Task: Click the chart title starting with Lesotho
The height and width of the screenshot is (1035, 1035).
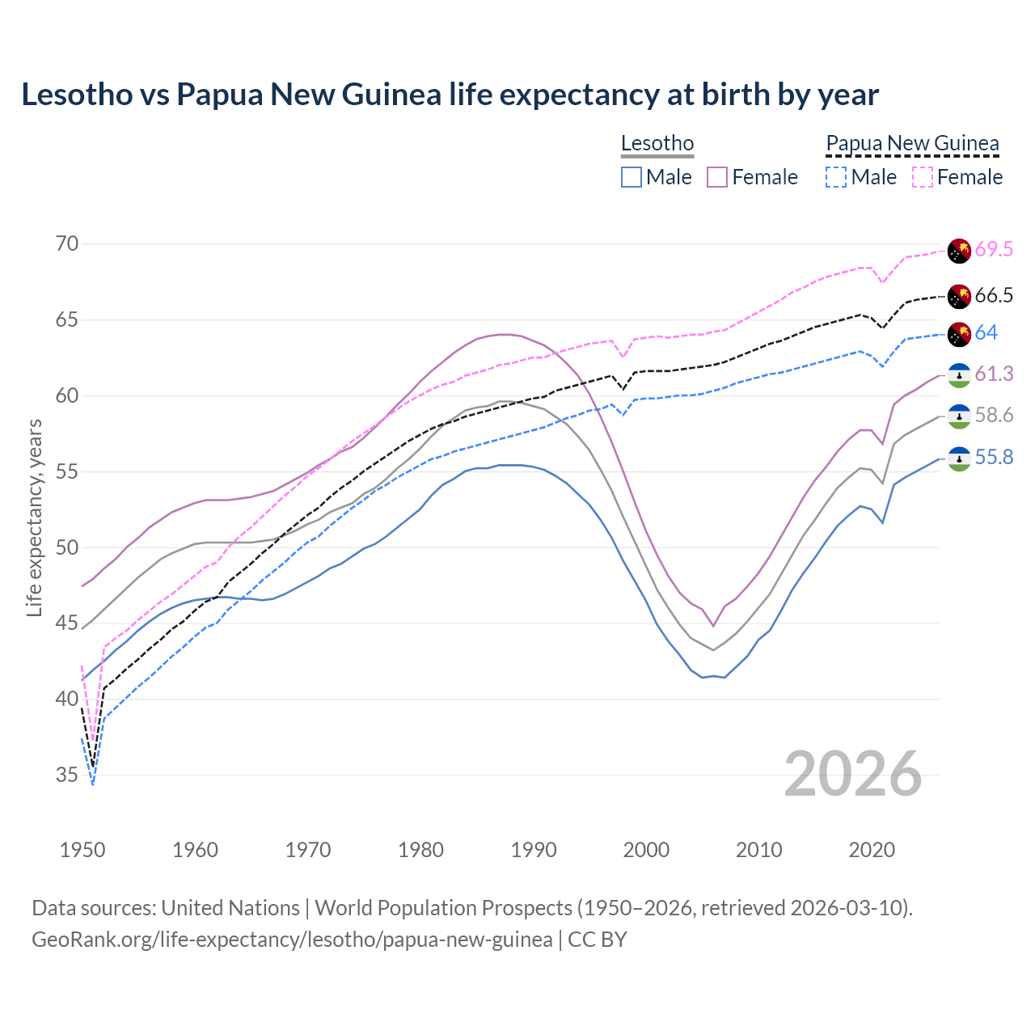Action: tap(450, 95)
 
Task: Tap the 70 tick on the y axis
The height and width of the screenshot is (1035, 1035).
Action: tap(67, 243)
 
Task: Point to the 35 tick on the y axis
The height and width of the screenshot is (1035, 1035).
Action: tap(67, 775)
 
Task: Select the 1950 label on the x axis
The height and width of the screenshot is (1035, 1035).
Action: tap(82, 850)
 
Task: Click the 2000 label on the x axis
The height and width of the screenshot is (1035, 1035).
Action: tap(646, 850)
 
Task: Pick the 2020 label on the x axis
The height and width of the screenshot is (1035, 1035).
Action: tap(872, 850)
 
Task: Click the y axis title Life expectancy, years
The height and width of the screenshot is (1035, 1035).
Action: tap(34, 517)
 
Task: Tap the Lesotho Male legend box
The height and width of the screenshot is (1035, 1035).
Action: tap(632, 177)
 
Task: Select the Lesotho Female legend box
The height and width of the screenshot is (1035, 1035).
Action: tap(717, 177)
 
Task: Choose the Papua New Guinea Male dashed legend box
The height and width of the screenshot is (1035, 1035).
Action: tap(836, 177)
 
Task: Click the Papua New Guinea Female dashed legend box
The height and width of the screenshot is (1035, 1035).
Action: tap(922, 177)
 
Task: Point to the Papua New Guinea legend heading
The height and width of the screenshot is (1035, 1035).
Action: tap(912, 143)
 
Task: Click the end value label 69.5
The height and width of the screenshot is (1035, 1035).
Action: tap(993, 250)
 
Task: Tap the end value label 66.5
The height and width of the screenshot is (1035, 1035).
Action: tap(993, 296)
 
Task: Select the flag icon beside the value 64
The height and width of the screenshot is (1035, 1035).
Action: tap(959, 333)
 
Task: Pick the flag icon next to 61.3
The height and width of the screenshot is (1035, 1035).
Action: tap(959, 374)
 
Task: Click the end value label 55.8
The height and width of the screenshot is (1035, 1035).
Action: tap(993, 458)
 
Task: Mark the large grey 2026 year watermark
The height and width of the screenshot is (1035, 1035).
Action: tap(853, 774)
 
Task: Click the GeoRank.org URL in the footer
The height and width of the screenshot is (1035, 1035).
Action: tap(292, 940)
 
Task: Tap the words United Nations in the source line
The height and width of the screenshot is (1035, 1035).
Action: tap(230, 908)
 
